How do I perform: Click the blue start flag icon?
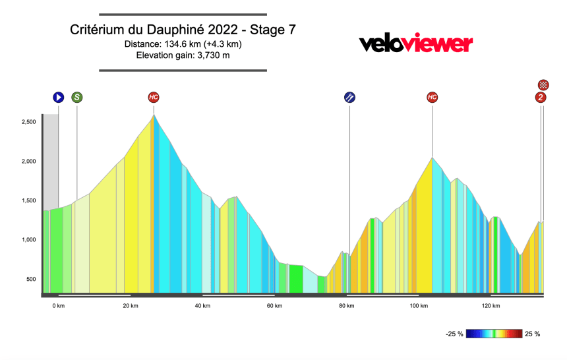59,98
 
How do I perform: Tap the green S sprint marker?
77,98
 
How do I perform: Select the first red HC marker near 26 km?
154,98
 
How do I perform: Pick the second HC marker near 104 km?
432,98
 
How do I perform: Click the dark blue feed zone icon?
349,98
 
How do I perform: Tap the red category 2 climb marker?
541,98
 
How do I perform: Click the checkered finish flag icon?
543,84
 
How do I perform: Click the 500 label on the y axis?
30,280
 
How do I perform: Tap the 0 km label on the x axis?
58,306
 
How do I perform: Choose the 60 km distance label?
275,306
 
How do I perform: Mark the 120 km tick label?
491,306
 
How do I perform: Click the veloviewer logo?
415,44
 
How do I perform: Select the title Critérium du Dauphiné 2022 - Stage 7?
183,30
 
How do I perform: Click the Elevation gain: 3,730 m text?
183,55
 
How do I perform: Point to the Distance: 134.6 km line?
183,44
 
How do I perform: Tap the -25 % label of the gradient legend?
454,334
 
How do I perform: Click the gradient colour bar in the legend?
494,334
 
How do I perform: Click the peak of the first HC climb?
154,116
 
